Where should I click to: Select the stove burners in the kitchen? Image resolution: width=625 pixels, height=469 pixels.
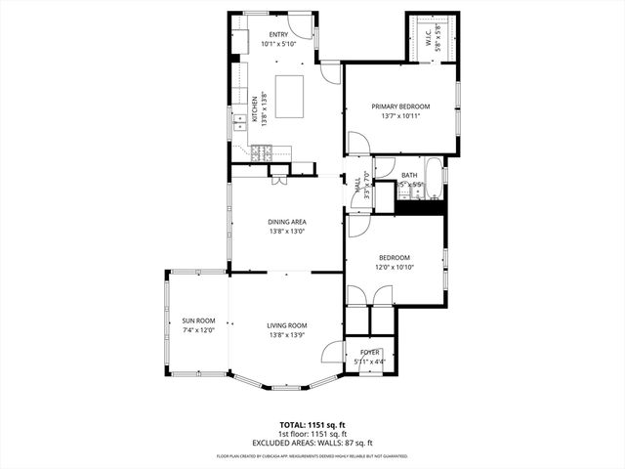point(259,151)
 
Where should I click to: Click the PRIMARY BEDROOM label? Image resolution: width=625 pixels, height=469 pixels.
point(400,106)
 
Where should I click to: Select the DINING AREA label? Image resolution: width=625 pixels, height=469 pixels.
point(287,222)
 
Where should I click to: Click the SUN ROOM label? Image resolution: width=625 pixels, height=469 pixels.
point(197,320)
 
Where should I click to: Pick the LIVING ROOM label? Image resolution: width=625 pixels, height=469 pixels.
point(287,325)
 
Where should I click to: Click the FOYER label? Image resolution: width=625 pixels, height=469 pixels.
point(369,352)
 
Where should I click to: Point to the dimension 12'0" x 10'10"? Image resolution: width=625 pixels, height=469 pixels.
point(396,267)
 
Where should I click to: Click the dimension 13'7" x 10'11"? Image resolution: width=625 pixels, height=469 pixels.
point(400,116)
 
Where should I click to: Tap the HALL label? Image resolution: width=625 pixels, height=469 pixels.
point(357,183)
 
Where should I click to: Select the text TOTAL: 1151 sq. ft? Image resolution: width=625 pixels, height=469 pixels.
point(312,425)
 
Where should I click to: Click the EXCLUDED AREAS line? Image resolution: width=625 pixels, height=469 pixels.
point(312,443)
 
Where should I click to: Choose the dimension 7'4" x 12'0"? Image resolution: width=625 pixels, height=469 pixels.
point(197,330)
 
